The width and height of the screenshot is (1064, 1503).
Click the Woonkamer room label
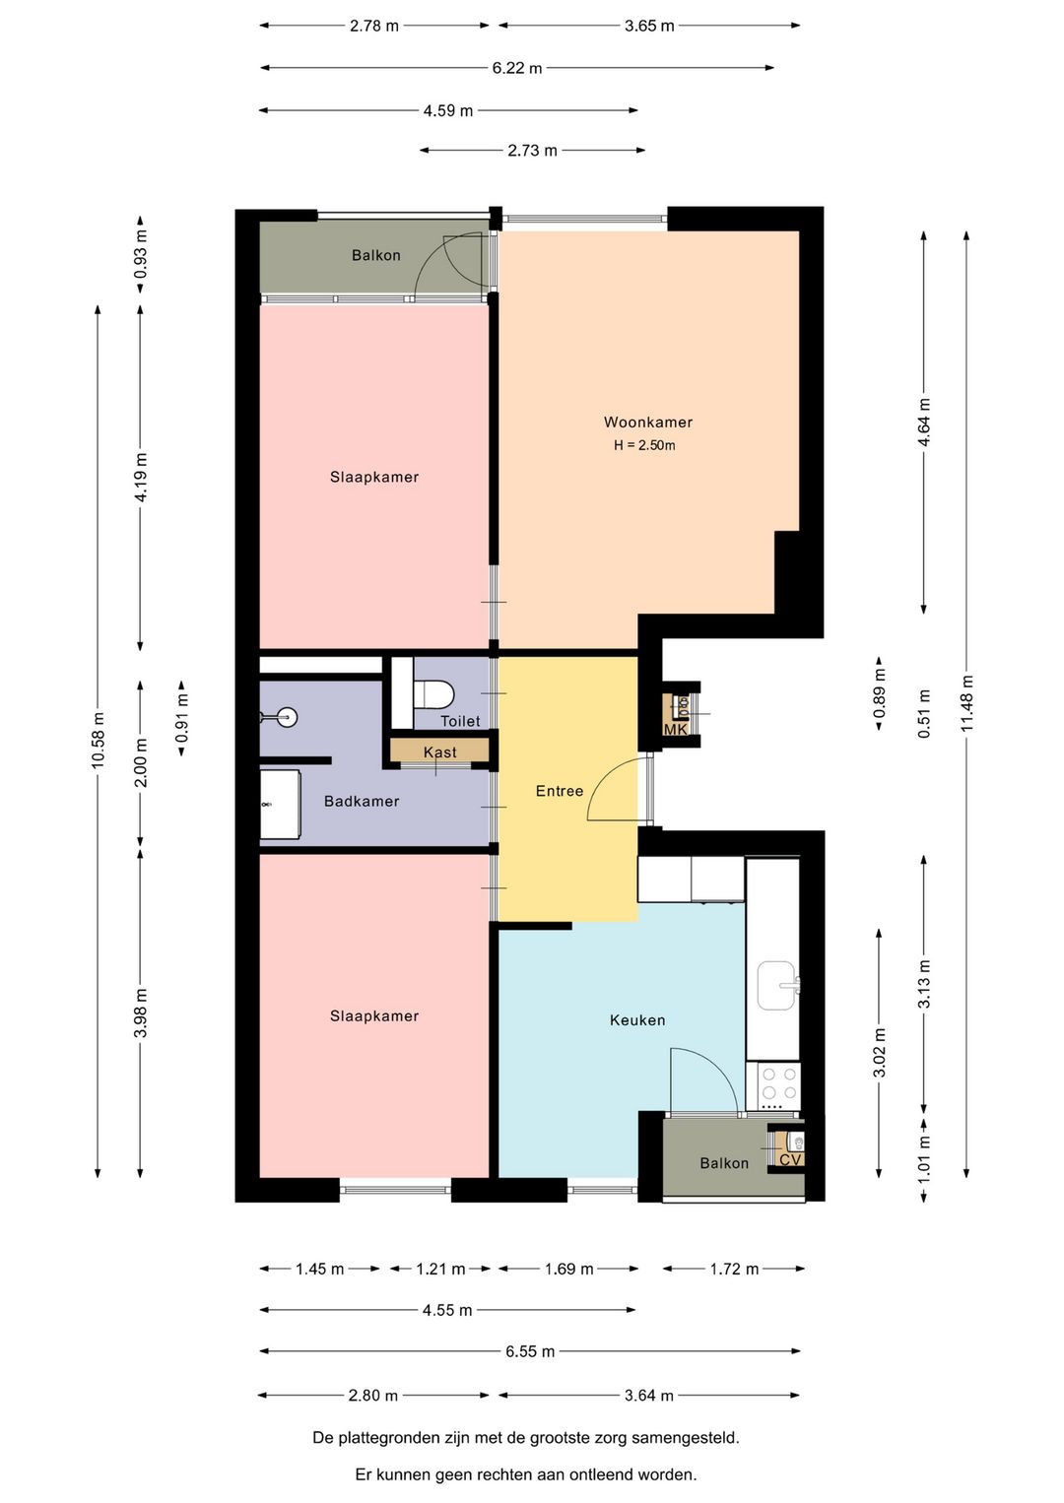(x=648, y=423)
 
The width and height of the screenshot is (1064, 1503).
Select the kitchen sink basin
(x=778, y=985)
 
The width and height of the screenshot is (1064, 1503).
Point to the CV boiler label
(x=790, y=1159)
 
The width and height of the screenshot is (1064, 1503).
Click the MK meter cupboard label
(x=675, y=730)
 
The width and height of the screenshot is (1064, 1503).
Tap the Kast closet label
(x=439, y=752)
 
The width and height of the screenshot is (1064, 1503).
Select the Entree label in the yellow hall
(x=560, y=791)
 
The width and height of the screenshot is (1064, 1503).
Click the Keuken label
(x=637, y=1020)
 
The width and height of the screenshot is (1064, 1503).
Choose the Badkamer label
(x=362, y=801)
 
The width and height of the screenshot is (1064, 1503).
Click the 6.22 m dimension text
(x=517, y=68)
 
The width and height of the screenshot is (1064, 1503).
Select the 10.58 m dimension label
(x=98, y=739)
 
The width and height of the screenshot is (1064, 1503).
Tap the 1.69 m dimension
(x=568, y=1269)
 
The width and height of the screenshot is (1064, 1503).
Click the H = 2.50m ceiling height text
(x=644, y=445)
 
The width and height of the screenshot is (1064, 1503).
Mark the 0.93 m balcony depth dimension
(x=140, y=254)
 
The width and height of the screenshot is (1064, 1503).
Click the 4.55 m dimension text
(x=447, y=1310)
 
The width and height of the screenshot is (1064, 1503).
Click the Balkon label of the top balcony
(x=376, y=255)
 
